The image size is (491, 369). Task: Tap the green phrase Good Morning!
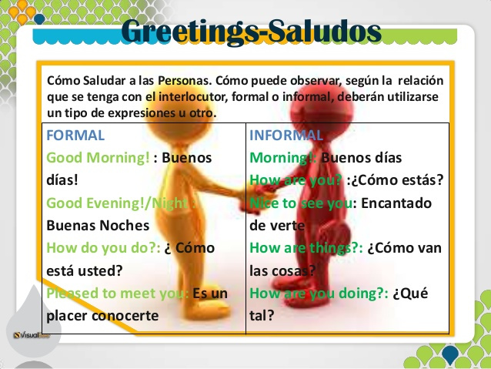[98, 158]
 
